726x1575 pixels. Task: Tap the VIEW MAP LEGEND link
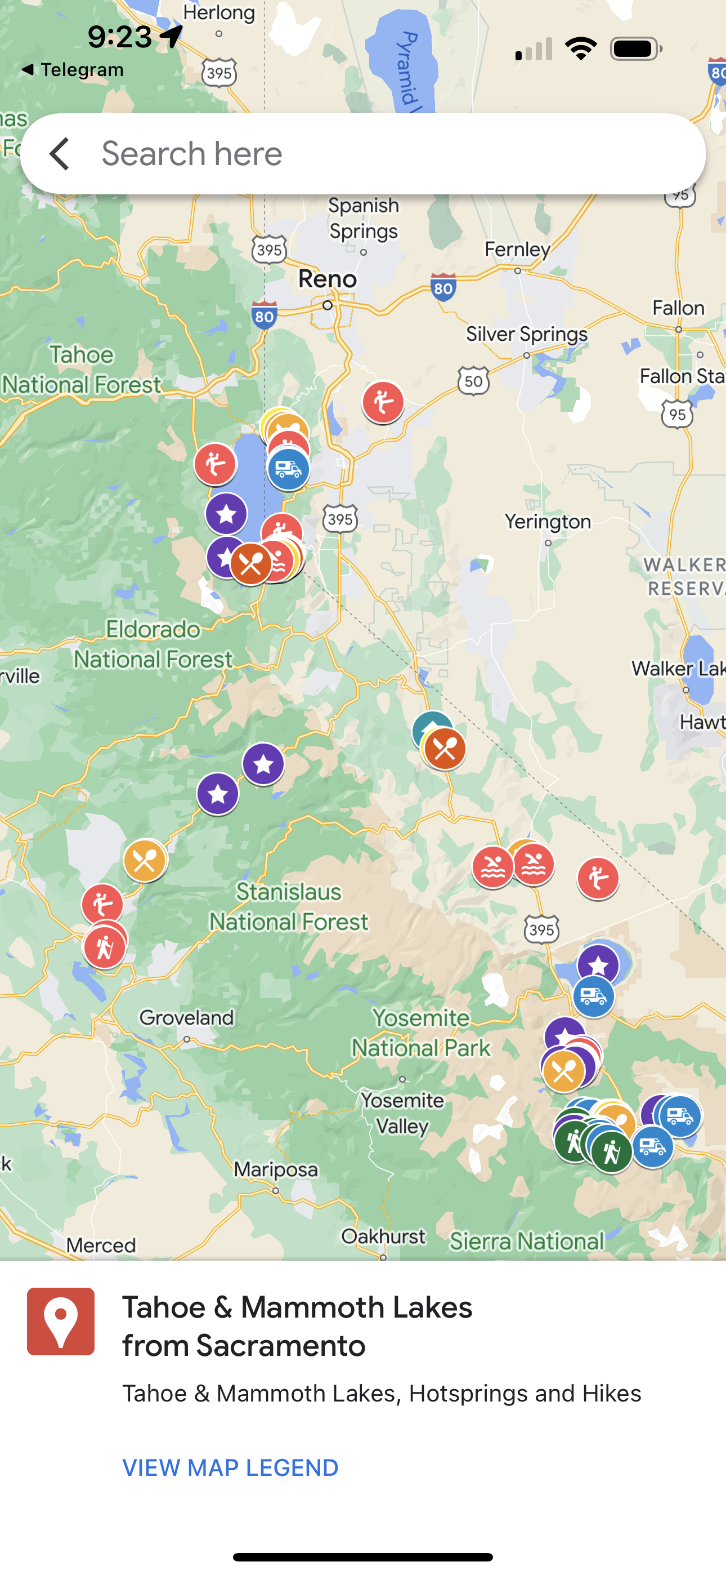tap(230, 1468)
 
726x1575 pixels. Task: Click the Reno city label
tap(328, 279)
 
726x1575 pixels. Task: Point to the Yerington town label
tap(548, 522)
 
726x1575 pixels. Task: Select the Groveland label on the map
tap(186, 1018)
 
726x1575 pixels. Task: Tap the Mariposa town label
tap(276, 1169)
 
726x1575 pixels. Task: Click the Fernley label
tap(517, 250)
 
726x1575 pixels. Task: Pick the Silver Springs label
tap(526, 334)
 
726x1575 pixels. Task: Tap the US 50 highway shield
tap(474, 381)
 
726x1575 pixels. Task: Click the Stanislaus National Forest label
tap(289, 907)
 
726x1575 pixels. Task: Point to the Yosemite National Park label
tap(421, 1033)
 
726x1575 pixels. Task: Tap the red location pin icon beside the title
tap(61, 1322)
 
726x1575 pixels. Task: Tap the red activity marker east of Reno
tap(383, 402)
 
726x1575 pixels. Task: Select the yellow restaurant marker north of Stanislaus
tap(145, 861)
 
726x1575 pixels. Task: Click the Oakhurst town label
tap(383, 1236)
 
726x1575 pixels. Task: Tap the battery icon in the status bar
tap(636, 49)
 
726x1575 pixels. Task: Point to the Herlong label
tap(219, 12)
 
